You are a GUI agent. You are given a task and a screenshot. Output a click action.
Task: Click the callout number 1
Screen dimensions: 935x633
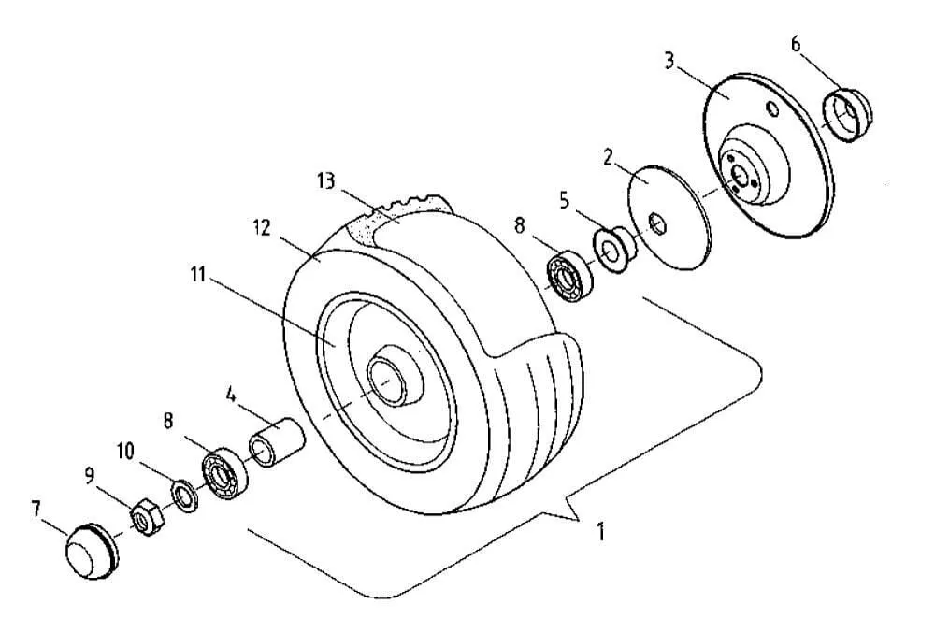pyautogui.click(x=601, y=531)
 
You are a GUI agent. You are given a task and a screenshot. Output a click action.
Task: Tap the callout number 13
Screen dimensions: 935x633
pyautogui.click(x=326, y=180)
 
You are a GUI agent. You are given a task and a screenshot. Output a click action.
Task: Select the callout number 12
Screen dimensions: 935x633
pyautogui.click(x=261, y=228)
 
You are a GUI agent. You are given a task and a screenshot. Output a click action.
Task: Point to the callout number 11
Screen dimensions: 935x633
pyautogui.click(x=198, y=275)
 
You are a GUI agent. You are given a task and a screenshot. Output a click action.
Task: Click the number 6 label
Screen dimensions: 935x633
pyautogui.click(x=796, y=44)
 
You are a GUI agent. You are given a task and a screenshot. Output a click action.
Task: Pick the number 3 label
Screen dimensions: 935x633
pyautogui.click(x=669, y=61)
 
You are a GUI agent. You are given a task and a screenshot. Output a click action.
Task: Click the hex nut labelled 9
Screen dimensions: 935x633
pyautogui.click(x=147, y=517)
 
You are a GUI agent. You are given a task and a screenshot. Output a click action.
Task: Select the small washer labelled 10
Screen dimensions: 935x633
pyautogui.click(x=185, y=494)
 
